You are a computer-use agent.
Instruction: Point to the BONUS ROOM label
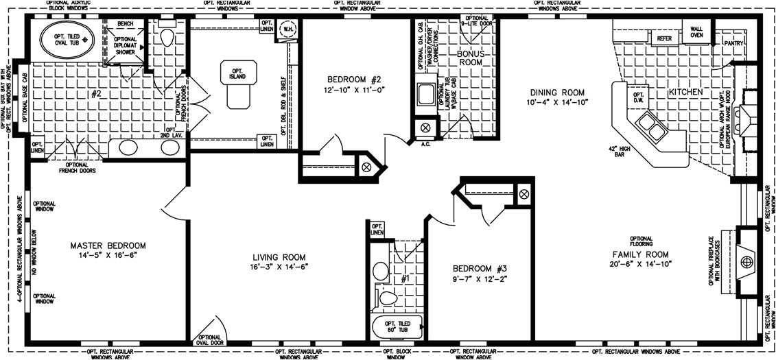click(x=471, y=57)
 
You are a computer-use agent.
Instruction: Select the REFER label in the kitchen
click(x=664, y=39)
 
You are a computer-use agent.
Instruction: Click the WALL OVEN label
click(x=696, y=31)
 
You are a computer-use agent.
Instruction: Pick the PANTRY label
click(x=733, y=43)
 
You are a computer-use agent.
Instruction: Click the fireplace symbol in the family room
click(x=747, y=261)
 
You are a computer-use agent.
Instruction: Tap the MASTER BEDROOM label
click(x=108, y=245)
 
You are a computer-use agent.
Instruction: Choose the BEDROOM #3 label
click(x=478, y=268)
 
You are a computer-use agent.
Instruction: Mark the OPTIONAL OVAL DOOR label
click(x=209, y=341)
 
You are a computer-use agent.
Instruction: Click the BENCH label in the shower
click(x=126, y=24)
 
